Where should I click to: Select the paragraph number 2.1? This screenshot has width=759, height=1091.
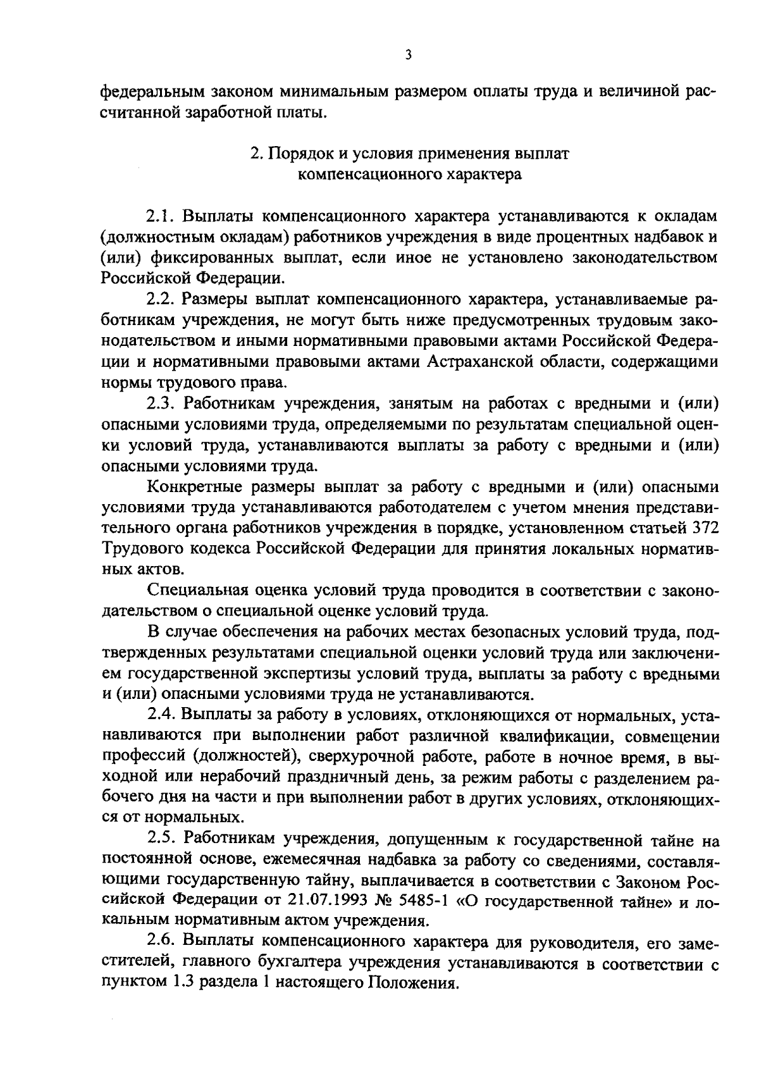[160, 216]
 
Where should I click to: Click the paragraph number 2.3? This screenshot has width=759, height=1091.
[160, 404]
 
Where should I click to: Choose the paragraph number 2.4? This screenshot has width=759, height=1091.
[160, 715]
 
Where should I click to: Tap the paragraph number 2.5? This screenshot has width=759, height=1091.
[160, 841]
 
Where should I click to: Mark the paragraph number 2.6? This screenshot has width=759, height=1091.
[160, 944]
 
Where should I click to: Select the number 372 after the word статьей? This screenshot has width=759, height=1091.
[705, 527]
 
